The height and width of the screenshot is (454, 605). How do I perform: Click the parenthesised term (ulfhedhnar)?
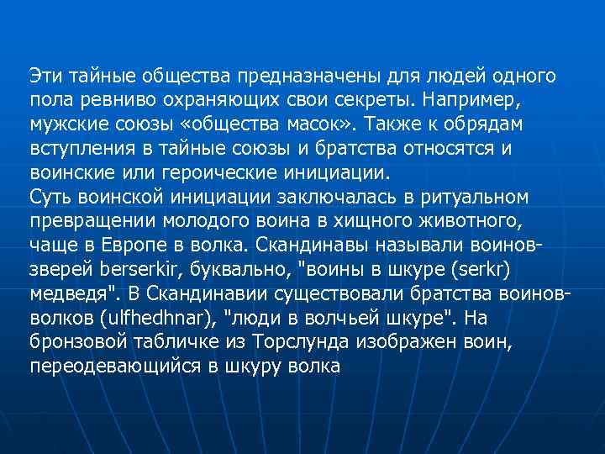[148, 319]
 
